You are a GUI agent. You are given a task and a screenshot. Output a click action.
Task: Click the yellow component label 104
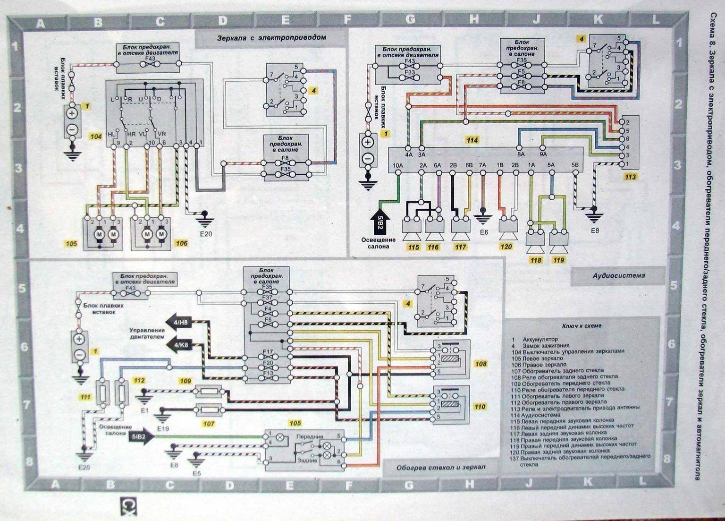[x=96, y=137]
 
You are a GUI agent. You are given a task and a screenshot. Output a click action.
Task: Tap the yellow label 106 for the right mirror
[x=182, y=244]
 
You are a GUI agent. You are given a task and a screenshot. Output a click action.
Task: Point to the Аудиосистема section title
[x=619, y=275]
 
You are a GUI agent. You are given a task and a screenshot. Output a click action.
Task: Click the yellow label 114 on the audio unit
[x=472, y=140]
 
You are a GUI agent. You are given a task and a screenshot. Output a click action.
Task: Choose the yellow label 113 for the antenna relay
[x=630, y=177]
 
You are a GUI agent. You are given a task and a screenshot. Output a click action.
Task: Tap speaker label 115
[x=413, y=247]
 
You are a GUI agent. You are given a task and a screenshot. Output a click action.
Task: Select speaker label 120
[x=506, y=247]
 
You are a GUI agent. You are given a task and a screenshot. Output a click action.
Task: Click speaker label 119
[x=558, y=260]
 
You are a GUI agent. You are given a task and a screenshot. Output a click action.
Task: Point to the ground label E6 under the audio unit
[x=483, y=232]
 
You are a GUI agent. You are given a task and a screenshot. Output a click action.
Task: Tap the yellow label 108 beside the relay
[x=481, y=364]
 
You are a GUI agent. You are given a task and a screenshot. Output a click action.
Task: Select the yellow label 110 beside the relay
[x=480, y=406]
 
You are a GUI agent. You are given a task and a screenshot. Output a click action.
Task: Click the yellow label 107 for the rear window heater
[x=208, y=424]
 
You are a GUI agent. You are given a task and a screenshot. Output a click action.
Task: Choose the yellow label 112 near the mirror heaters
[x=139, y=380]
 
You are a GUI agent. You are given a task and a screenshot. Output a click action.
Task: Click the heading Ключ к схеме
[x=582, y=325]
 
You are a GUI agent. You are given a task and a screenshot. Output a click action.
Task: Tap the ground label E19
[x=164, y=429]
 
